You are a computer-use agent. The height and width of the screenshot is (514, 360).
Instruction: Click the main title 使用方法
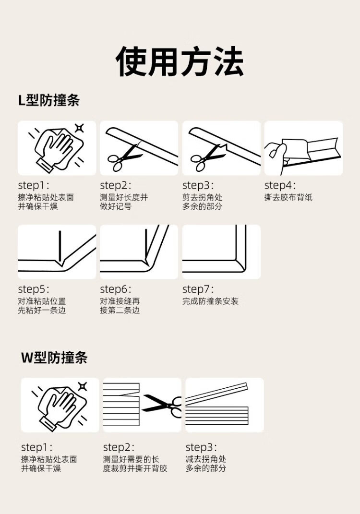tap(180, 61)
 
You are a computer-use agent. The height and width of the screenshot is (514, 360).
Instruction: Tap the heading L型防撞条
tap(49, 100)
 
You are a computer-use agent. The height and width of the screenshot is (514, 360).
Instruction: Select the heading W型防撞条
tap(54, 357)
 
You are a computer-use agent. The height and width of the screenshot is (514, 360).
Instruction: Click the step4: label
tap(280, 186)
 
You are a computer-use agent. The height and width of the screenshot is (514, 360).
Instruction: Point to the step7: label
tap(198, 289)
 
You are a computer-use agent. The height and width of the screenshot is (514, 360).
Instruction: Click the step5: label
tap(34, 289)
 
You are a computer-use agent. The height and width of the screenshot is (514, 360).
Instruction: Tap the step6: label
tap(115, 289)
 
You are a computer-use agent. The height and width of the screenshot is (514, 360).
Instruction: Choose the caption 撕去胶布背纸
tap(288, 197)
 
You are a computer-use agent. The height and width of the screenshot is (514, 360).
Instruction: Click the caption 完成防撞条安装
tap(211, 301)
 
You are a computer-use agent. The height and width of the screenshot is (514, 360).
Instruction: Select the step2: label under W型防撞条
tap(119, 447)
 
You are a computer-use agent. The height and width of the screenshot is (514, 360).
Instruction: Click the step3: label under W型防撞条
tap(201, 447)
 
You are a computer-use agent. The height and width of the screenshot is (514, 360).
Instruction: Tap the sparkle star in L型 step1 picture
tap(79, 128)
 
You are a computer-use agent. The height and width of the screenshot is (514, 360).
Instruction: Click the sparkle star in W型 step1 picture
tap(82, 386)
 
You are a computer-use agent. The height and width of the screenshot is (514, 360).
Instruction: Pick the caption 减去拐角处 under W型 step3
tap(206, 459)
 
